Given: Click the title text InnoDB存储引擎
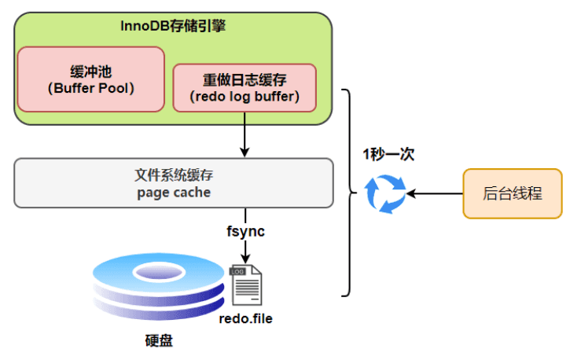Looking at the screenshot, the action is (173, 26).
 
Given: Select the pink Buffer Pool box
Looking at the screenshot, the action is (91, 79).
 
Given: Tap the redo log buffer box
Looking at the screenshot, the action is (245, 88).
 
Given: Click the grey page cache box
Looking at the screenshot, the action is (174, 183).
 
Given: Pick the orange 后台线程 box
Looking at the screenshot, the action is (513, 193).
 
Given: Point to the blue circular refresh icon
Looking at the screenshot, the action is (385, 193).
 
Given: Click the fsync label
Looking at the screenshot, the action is (245, 231).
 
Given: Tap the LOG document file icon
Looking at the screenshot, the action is (246, 285).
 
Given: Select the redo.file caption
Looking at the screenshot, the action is (246, 318).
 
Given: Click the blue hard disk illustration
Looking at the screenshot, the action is (159, 287).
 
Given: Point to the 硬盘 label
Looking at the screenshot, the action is (159, 340).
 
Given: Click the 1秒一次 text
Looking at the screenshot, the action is (388, 154).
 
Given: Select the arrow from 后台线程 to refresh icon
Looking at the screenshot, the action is (435, 193).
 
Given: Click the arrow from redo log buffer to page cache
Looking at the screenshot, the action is (245, 134).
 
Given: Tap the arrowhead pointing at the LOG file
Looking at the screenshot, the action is (245, 259).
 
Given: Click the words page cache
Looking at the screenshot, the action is (174, 193).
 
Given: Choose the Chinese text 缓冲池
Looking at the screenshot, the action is (91, 72).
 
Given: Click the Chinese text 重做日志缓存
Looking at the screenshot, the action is (245, 80).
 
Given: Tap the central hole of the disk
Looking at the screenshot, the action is (159, 272).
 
